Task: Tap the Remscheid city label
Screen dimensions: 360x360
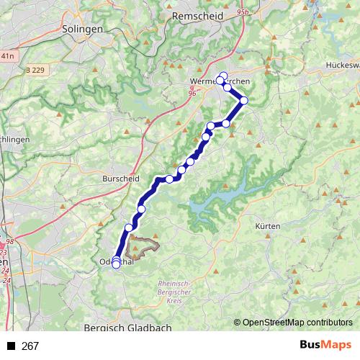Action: point(191,14)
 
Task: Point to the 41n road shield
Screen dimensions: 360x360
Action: point(8,55)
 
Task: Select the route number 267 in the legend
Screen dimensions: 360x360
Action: point(30,346)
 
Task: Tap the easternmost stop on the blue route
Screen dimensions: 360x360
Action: point(244,100)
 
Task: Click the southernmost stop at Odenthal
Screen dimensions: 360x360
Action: point(116,265)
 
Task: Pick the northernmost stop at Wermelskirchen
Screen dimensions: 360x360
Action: point(223,76)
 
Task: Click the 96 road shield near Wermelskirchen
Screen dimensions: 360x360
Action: point(192,92)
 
